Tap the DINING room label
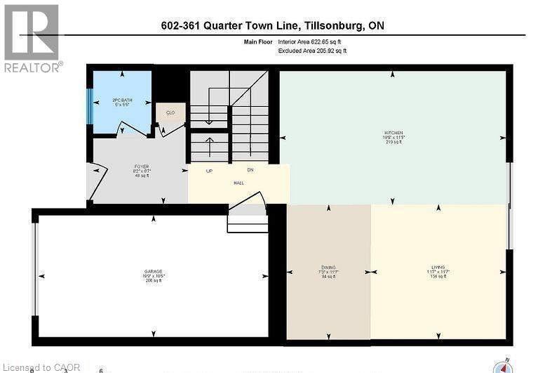point(328,267)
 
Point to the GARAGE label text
point(154,271)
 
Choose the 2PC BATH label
point(122,100)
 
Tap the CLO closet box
point(170,112)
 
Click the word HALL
point(238,183)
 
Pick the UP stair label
point(209,171)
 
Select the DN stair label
point(250,170)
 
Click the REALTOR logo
point(32,38)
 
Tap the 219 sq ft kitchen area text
point(393,142)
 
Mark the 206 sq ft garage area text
point(153,281)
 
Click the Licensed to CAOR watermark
point(42,367)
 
